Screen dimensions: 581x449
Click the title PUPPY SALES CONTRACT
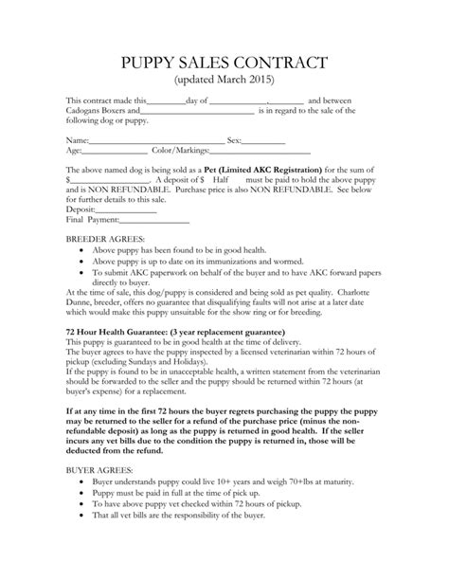click(224, 63)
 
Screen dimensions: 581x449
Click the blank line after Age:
click(115, 151)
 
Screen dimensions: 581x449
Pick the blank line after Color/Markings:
click(270, 151)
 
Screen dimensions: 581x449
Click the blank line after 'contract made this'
click(167, 100)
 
